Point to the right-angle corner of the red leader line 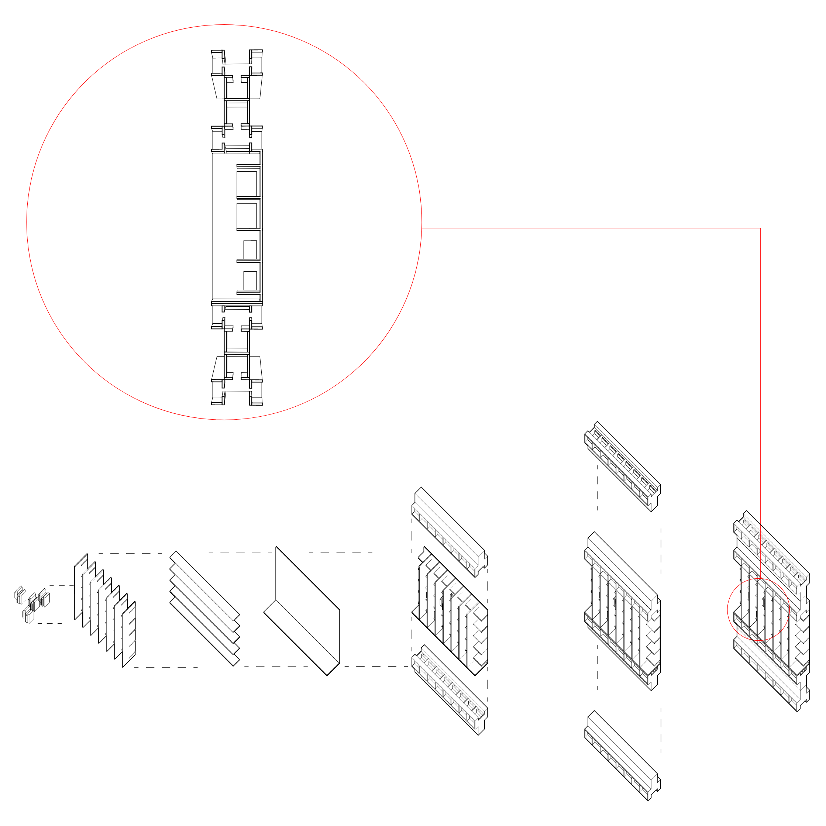pos(760,228)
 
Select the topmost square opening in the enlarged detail pos(247,184)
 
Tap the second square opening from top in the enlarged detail pos(247,216)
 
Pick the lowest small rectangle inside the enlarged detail pos(250,281)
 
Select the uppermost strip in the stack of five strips pos(204,586)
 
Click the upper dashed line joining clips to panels pos(61,586)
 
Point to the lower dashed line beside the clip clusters pos(50,624)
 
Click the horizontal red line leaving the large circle pos(590,228)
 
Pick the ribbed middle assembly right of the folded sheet pos(451,611)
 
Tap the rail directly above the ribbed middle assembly pos(449,532)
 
